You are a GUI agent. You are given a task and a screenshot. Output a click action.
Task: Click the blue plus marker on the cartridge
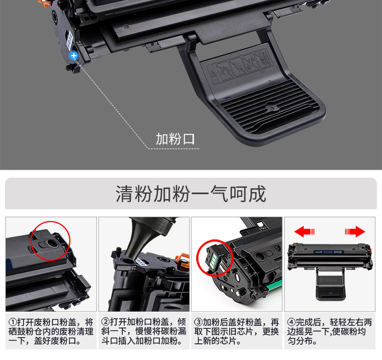73,56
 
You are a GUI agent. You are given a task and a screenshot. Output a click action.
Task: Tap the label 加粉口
175,139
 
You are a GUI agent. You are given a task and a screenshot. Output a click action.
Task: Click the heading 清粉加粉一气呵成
191,194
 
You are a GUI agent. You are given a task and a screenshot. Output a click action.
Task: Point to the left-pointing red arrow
305,231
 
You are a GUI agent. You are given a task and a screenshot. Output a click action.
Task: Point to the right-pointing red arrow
355,231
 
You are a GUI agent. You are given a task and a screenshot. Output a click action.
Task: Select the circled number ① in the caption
13,322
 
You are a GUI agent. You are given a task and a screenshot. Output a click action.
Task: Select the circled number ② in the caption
105,322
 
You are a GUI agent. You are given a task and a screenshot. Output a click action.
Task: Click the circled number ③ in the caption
198,322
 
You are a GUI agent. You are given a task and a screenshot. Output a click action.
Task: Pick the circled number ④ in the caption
291,322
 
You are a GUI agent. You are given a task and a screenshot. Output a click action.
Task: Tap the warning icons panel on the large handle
241,65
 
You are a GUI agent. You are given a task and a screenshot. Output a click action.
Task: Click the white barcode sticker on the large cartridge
70,40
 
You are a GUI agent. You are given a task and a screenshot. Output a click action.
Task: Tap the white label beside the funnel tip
141,262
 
